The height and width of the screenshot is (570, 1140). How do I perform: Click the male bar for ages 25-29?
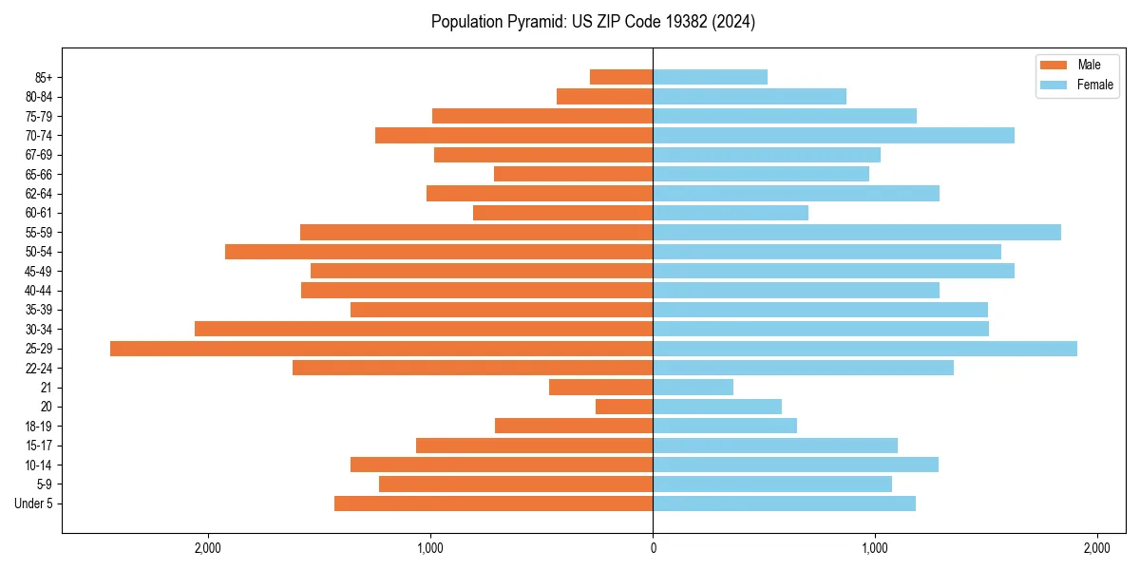381,349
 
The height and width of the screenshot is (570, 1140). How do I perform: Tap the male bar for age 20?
624,407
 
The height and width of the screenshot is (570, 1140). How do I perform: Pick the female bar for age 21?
693,388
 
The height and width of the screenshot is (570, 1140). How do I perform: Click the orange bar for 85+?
621,77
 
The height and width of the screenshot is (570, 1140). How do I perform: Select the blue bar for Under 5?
784,503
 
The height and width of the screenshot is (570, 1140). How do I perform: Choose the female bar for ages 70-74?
833,136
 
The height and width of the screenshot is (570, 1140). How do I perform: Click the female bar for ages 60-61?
731,213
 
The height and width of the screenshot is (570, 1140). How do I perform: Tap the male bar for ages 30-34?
424,330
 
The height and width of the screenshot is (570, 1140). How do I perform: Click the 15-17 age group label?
38,446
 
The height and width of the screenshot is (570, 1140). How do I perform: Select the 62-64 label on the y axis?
38,194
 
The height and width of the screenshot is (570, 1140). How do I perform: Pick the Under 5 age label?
33,503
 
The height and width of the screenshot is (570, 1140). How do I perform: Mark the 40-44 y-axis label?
38,291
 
